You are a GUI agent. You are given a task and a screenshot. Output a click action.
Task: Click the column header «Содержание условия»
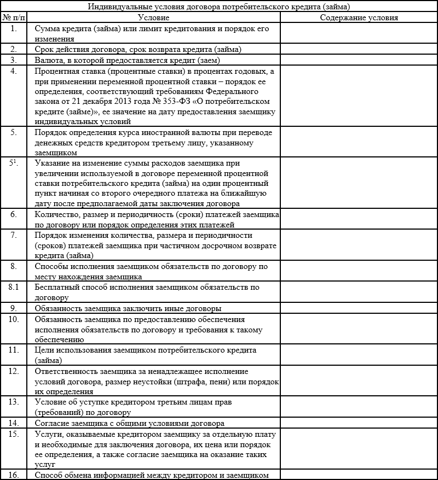point(359,17)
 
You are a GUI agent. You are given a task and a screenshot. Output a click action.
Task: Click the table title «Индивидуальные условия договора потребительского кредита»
point(219,7)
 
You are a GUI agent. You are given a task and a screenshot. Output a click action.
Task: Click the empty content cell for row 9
point(359,308)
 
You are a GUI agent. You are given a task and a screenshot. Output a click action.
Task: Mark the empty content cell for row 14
point(359,423)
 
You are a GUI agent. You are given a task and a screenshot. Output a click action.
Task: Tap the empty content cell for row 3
point(359,60)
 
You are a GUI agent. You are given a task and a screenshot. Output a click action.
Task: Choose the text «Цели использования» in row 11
point(70,350)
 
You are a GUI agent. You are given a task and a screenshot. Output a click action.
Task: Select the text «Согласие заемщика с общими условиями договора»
point(129,423)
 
